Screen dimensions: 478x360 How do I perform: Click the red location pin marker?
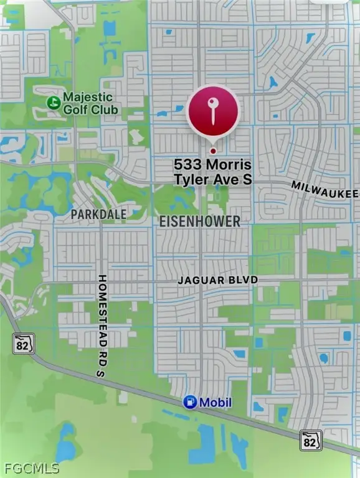213,112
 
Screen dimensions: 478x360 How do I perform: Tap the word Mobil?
215,403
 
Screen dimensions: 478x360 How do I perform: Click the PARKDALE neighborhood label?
98,214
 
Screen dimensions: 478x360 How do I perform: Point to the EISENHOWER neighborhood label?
199,222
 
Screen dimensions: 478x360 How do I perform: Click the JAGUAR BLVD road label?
217,281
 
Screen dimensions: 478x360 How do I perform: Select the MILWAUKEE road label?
325,191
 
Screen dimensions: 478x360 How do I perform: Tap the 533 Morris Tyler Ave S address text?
212,171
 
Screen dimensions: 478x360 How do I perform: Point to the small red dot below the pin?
213,151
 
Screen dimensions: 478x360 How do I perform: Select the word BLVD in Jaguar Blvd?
243,281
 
